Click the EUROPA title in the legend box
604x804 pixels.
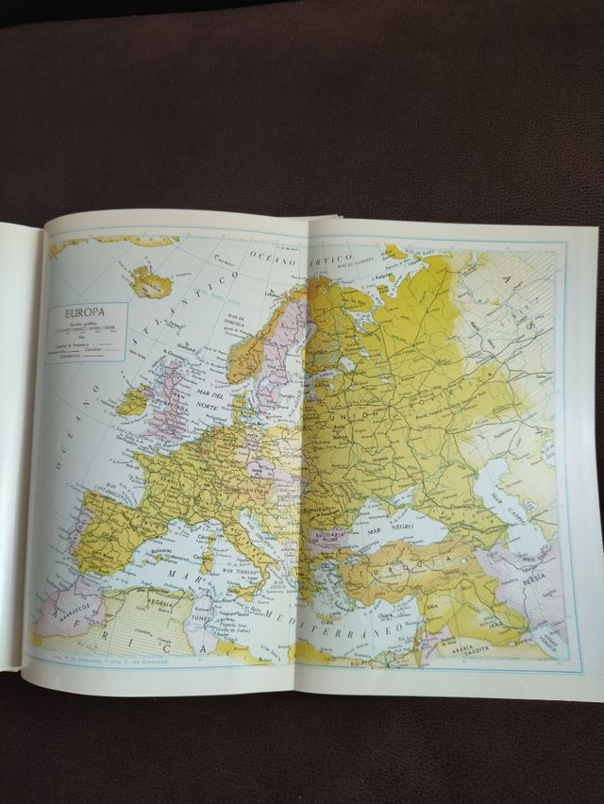pyautogui.click(x=83, y=312)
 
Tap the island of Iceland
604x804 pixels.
pyautogui.click(x=147, y=280)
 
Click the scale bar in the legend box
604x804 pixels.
pyautogui.click(x=83, y=329)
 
